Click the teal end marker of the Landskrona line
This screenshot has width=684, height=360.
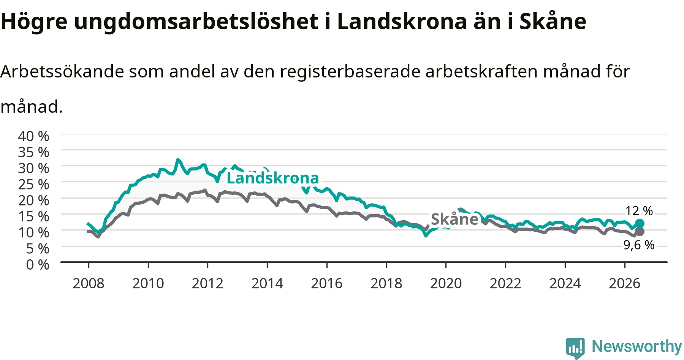click(640, 223)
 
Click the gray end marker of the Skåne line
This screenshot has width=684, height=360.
click(640, 232)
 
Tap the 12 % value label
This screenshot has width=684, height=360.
click(639, 211)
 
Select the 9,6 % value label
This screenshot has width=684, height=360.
click(639, 245)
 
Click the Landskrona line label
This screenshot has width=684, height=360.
click(272, 178)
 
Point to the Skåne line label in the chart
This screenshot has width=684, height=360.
click(454, 219)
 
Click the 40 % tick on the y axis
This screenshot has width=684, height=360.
click(34, 136)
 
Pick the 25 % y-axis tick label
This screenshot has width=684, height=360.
click(34, 184)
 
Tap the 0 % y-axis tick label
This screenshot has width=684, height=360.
click(38, 264)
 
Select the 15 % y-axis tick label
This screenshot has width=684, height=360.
click(34, 216)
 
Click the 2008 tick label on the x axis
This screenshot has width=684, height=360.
click(89, 283)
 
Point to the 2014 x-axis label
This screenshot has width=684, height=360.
click(267, 283)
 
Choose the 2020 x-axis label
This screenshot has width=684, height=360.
click(446, 283)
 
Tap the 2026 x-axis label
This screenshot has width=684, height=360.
click(625, 283)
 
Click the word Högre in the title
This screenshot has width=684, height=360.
click(34, 22)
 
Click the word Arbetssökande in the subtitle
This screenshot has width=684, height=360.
click(62, 71)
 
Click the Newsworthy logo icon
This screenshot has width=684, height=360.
click(575, 347)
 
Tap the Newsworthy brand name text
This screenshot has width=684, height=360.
click(637, 347)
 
